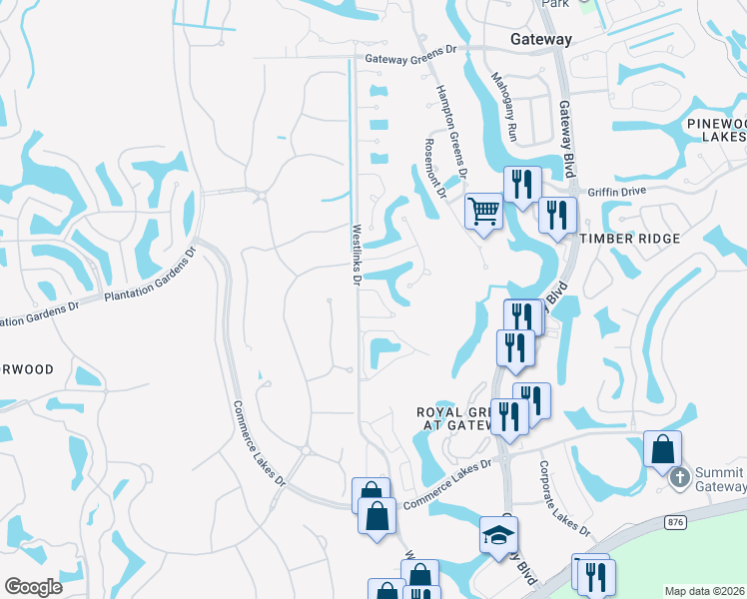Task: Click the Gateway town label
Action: [541, 40]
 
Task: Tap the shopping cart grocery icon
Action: [484, 212]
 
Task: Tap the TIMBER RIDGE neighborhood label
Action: [631, 239]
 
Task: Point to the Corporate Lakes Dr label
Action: [560, 497]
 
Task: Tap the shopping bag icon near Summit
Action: [663, 449]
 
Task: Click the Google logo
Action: [34, 587]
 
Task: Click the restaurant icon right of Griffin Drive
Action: [557, 215]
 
